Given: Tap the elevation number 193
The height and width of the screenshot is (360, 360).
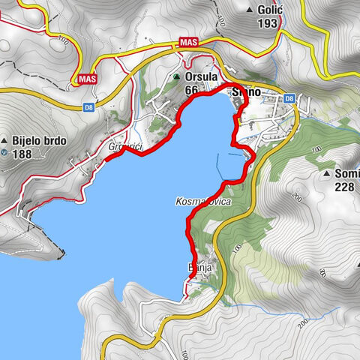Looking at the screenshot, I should click(267, 23).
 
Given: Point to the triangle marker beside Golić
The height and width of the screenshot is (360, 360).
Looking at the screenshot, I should click(250, 10).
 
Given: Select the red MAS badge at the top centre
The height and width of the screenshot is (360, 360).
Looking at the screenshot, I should click(189, 44).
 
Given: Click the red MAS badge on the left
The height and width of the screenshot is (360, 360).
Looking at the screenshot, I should click(88, 79).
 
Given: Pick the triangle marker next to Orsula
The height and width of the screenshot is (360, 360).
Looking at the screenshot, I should click(177, 77).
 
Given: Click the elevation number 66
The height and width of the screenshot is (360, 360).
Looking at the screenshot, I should click(192, 90).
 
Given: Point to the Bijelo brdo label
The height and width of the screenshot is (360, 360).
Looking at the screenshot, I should click(39, 140).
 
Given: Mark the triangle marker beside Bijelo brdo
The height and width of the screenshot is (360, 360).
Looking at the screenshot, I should click(5, 140).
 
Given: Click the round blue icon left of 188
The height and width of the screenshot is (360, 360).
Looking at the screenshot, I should click(5, 153).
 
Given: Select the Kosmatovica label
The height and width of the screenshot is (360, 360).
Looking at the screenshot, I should click(202, 202).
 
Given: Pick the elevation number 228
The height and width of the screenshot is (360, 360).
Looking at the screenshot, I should click(346, 187).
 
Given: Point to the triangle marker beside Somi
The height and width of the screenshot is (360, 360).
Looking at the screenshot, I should click(328, 174).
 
